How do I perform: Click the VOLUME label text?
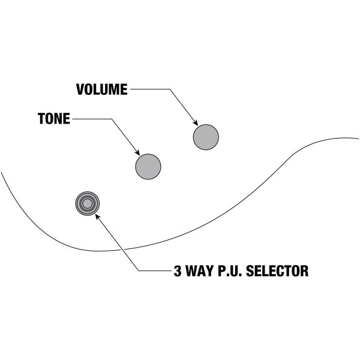(x=101, y=89)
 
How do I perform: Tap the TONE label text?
(x=53, y=119)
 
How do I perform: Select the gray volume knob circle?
(x=205, y=137)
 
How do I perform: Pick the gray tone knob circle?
(x=148, y=166)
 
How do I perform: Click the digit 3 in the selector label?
(x=177, y=271)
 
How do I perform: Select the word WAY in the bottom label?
(x=199, y=271)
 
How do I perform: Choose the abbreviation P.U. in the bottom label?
(x=231, y=271)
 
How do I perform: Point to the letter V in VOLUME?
(x=80, y=89)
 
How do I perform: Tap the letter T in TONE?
(x=41, y=119)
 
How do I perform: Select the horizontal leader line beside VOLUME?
(x=150, y=89)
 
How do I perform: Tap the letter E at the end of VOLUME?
(x=124, y=89)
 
